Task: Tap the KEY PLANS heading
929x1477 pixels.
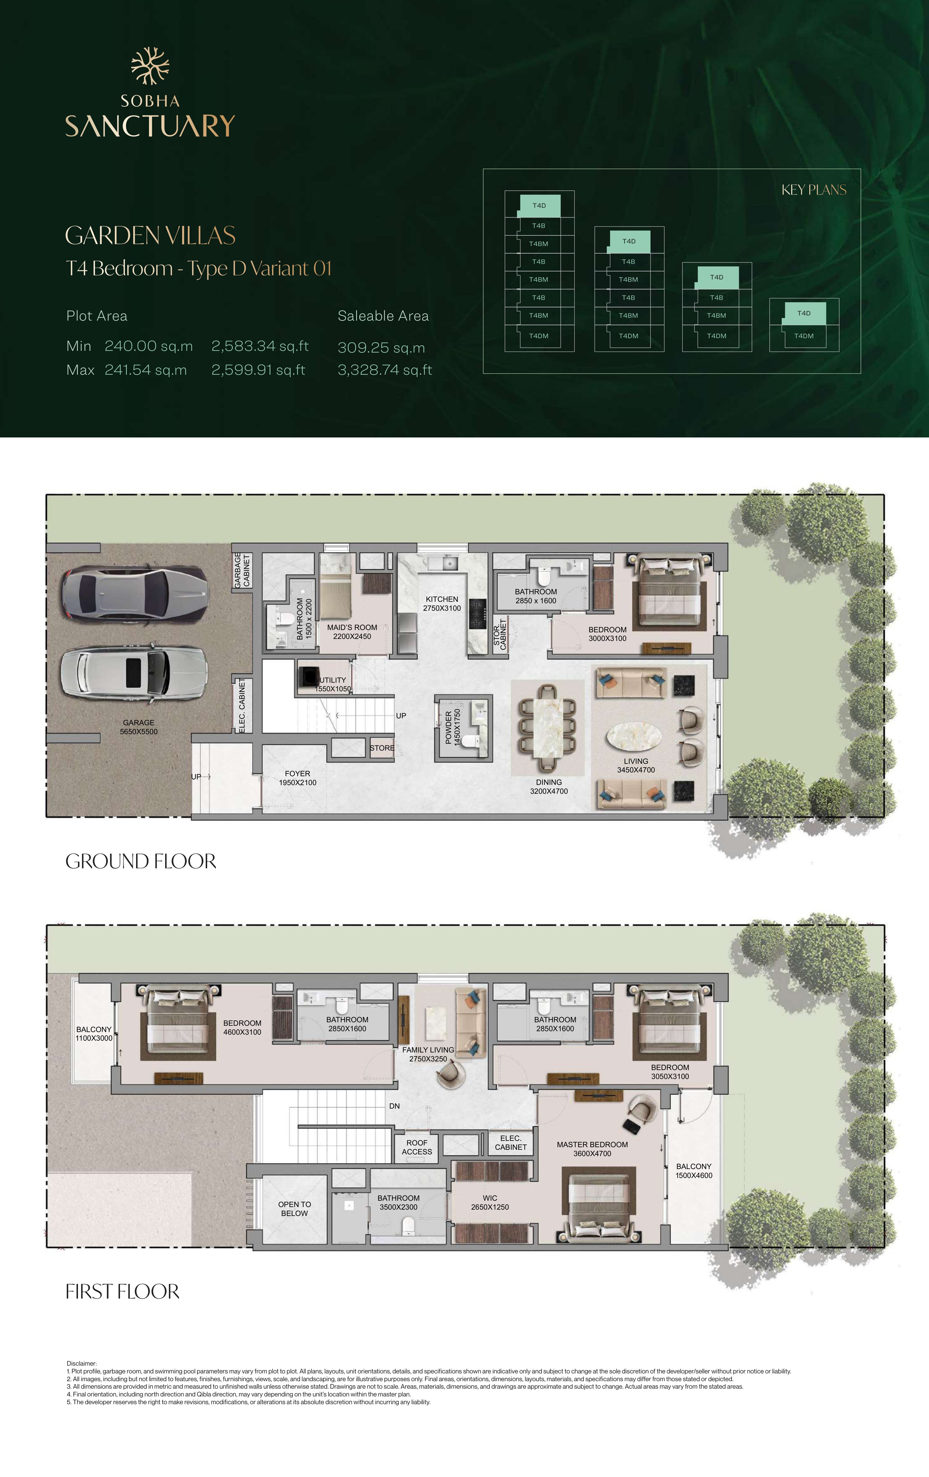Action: click(814, 190)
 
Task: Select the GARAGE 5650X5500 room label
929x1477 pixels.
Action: click(139, 727)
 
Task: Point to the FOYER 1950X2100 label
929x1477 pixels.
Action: click(297, 778)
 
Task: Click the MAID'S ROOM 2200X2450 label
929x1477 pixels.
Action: click(352, 632)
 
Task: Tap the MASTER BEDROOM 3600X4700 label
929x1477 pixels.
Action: click(592, 1149)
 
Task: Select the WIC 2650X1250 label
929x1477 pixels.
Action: click(490, 1202)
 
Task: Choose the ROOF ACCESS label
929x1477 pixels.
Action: click(417, 1147)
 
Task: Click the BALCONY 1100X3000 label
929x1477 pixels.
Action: click(94, 1033)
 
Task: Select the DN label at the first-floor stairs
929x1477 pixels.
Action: click(394, 1106)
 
